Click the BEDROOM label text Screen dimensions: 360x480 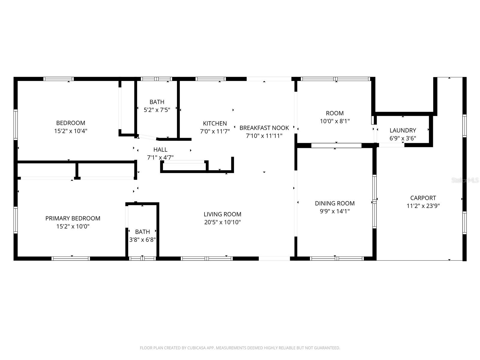(70, 123)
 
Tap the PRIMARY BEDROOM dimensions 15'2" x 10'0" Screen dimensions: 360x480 (73, 226)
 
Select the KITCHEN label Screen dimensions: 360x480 (215, 123)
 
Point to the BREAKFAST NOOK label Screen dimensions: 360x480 (264, 128)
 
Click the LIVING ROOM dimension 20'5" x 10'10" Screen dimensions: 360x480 (222, 222)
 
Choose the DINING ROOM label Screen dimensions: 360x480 (334, 203)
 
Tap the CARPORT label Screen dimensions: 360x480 (423, 198)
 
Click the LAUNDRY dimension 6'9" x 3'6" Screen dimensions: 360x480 (403, 138)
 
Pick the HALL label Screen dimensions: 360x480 (160, 149)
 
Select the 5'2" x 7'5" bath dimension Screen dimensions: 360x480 (157, 110)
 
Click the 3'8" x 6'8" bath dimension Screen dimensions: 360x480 (142, 240)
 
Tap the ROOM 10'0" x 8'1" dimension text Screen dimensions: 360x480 (334, 121)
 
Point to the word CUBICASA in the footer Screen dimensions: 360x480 (196, 348)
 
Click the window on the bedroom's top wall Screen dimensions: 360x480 (58, 79)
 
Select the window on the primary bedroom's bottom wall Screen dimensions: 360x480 (71, 258)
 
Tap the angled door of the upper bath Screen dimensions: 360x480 (147, 137)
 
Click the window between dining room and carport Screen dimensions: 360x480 (374, 202)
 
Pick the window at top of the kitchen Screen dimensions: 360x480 (210, 79)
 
